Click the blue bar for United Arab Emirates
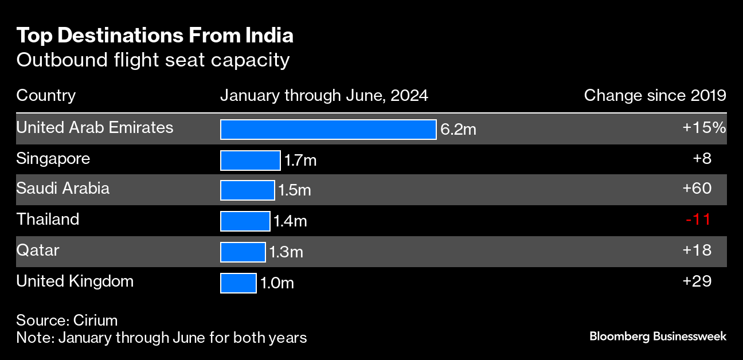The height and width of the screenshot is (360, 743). tap(328, 130)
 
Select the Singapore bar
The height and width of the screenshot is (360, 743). tap(250, 161)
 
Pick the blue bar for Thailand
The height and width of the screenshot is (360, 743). tap(245, 221)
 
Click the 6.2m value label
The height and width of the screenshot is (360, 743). tap(458, 130)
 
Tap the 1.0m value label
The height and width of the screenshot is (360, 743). tap(277, 283)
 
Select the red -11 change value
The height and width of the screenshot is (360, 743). tap(698, 220)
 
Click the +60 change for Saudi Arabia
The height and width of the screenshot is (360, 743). tap(697, 189)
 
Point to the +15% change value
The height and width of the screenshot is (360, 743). tap(704, 128)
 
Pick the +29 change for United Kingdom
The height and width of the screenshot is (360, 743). tap(697, 281)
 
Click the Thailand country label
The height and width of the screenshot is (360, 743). tap(48, 220)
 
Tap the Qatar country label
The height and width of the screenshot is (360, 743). tap(38, 251)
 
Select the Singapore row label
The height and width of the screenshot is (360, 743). tap(53, 158)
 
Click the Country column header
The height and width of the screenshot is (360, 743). tap(46, 95)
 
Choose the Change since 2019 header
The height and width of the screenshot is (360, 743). tap(655, 95)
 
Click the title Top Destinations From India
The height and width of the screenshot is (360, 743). tap(155, 36)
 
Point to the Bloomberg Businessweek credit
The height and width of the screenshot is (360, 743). tap(658, 336)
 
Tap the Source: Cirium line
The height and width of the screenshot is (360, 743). tap(67, 320)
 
